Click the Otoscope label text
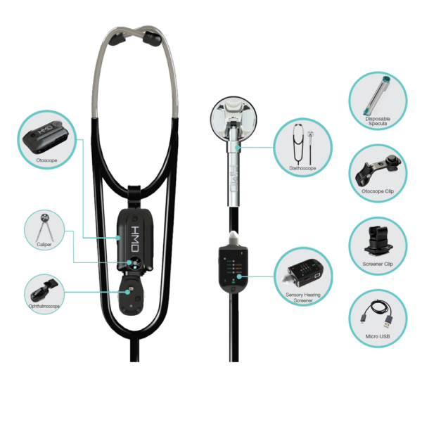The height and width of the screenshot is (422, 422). (x=46, y=160)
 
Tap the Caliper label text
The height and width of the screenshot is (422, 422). (x=44, y=244)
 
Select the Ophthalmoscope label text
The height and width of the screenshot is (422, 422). (x=44, y=306)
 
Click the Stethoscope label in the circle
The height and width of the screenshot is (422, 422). (x=302, y=168)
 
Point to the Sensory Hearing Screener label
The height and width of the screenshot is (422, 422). (x=303, y=298)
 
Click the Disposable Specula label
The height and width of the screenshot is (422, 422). (x=378, y=121)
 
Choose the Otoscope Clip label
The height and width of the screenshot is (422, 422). (x=378, y=191)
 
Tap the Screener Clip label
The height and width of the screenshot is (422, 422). (x=378, y=264)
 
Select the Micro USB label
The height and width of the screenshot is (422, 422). (x=378, y=336)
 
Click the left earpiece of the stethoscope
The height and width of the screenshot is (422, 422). (x=117, y=39)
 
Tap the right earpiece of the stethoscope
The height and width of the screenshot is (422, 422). (x=152, y=38)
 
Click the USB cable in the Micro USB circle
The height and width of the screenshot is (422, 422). (x=377, y=314)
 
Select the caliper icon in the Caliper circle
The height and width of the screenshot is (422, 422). (x=44, y=227)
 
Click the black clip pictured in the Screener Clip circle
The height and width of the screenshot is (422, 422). (x=378, y=241)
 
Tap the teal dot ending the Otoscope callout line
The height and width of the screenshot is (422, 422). (x=118, y=238)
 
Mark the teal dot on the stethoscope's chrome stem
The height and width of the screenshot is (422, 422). (x=237, y=148)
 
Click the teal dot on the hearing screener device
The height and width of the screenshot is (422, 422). (x=239, y=276)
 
